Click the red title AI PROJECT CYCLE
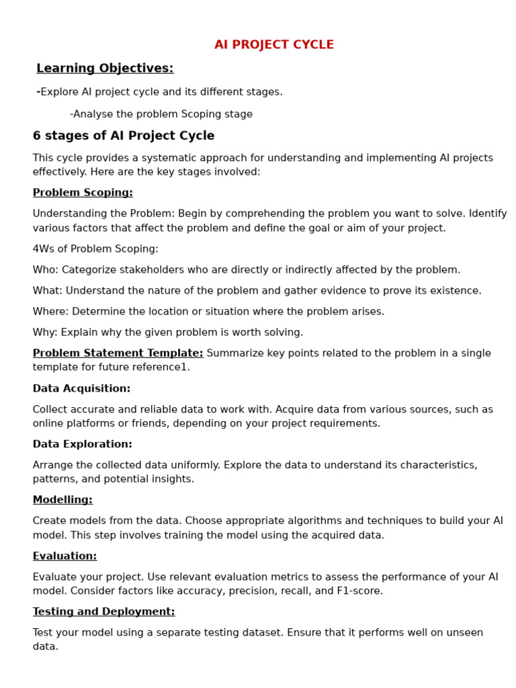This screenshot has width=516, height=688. pos(274,45)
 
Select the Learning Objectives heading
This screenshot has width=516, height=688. pos(105,69)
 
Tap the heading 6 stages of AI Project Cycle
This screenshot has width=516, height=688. pos(124,136)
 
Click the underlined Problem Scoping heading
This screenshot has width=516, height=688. pos(83,193)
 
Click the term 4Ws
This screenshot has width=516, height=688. pos(45,249)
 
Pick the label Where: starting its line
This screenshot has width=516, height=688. pos(50,312)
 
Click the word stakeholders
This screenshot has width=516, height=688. pos(148,270)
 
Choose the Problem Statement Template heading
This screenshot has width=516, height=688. pos(118,353)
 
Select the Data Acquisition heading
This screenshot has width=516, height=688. pos(81,389)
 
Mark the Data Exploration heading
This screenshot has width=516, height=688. pos(83,445)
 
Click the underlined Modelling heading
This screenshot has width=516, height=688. pos(62,501)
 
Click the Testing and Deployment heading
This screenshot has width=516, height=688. pos(103,612)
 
